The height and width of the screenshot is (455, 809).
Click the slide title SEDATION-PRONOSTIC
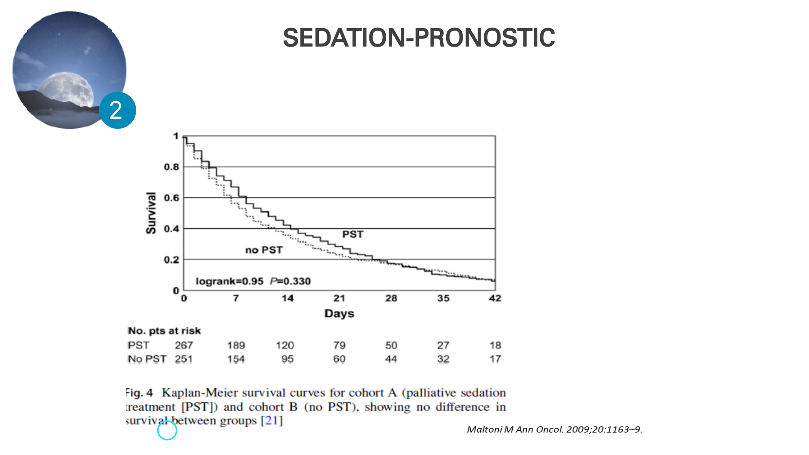[419, 38]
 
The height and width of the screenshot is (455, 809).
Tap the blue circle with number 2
[117, 110]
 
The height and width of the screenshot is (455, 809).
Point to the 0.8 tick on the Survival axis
[171, 167]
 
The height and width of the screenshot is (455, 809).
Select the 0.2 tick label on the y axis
[171, 260]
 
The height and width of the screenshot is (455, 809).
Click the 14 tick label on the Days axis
[287, 298]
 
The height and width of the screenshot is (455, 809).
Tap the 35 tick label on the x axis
[443, 298]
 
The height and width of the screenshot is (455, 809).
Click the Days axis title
[339, 313]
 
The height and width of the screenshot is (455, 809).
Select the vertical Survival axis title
[151, 213]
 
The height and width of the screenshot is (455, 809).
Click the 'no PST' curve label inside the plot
[264, 250]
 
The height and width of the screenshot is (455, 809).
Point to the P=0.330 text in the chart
[290, 281]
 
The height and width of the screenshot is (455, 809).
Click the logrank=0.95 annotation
[230, 281]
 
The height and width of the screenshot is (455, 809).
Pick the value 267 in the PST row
[184, 345]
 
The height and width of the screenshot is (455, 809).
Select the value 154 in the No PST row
[236, 359]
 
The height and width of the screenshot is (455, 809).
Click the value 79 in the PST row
[339, 345]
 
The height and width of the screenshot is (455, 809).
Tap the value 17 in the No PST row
[495, 359]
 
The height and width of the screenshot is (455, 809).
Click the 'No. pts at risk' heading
[164, 331]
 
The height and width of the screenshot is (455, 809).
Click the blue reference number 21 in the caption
[271, 420]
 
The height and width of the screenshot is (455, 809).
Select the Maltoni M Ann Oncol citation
[554, 430]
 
